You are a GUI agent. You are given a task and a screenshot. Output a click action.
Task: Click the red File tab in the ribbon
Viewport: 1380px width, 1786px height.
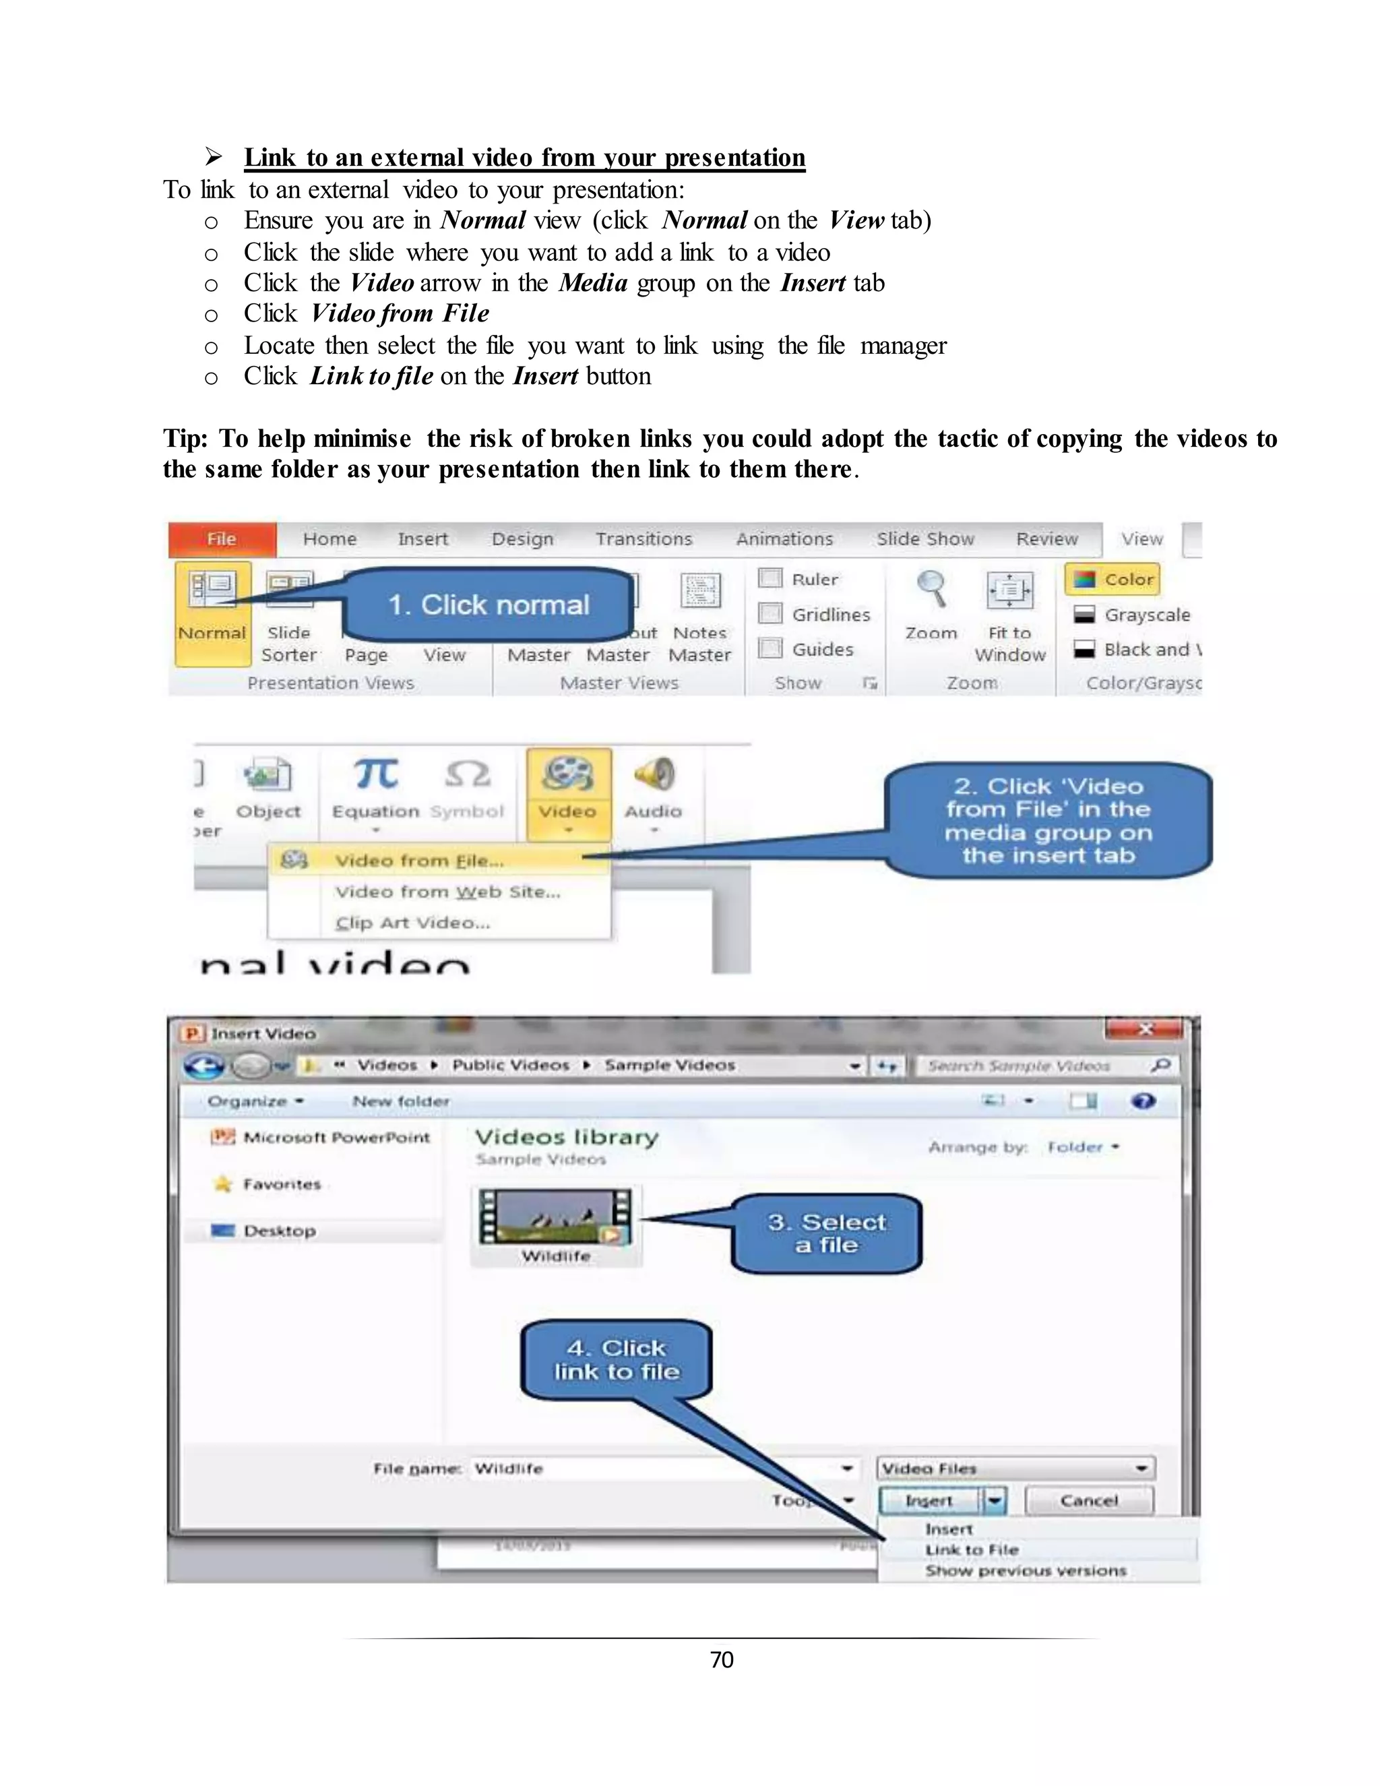coord(222,539)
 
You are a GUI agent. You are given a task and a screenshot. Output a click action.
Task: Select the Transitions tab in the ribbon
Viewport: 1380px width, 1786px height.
coord(644,539)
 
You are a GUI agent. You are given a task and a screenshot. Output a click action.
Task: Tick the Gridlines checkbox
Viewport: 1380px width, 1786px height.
coord(770,613)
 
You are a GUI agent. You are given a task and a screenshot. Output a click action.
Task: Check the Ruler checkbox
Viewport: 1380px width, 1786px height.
coord(770,578)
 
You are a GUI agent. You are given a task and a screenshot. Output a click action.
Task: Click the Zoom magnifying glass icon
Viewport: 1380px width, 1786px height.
coord(931,589)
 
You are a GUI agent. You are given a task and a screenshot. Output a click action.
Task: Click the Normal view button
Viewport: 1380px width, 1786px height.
coord(212,605)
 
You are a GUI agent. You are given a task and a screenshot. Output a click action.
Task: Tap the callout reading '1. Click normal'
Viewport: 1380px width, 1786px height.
coord(489,605)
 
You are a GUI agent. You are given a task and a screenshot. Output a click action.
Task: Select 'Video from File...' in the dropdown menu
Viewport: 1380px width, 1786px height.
coord(419,860)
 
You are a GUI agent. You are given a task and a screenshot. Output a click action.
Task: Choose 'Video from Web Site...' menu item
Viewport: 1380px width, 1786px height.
coord(447,892)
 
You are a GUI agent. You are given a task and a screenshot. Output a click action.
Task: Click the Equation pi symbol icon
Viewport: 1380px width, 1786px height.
coord(376,774)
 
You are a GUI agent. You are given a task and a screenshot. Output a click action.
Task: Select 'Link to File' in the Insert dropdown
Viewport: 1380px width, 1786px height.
coord(971,1549)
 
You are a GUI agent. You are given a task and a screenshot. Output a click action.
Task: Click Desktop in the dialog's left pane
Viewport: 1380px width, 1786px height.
coord(279,1231)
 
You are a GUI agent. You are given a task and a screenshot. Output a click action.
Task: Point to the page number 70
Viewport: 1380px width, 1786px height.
coord(721,1659)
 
